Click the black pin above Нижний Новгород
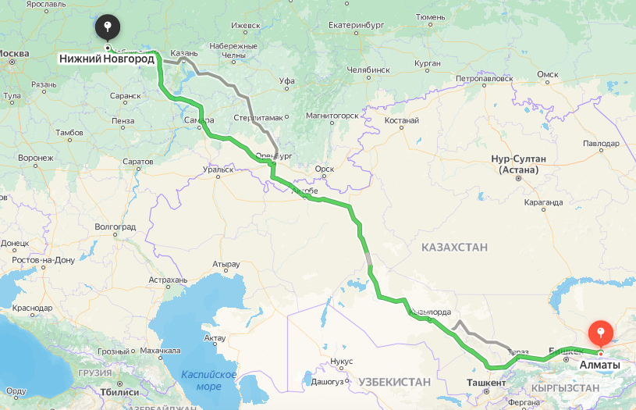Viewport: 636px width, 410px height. [x=107, y=28]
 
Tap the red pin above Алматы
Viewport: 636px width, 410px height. [x=600, y=333]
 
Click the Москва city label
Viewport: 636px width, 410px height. [x=13, y=54]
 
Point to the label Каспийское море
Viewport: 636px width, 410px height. [x=208, y=380]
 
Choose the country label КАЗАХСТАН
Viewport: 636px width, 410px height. [x=454, y=247]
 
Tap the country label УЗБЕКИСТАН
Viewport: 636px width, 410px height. [x=395, y=381]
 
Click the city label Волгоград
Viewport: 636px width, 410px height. [x=115, y=226]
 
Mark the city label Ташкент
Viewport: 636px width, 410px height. [x=485, y=383]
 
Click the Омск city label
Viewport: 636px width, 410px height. [x=548, y=74]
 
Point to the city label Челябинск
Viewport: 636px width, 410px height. [x=368, y=70]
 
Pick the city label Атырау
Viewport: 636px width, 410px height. [x=225, y=264]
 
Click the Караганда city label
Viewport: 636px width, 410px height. [x=544, y=202]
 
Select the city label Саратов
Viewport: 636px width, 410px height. [x=137, y=161]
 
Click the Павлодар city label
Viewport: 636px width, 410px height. [x=601, y=144]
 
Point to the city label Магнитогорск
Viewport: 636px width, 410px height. [x=331, y=116]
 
